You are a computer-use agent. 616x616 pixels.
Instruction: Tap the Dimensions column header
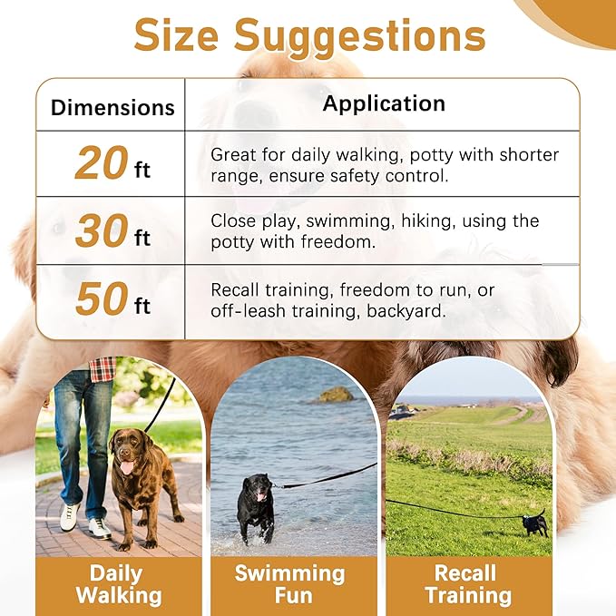pos(112,107)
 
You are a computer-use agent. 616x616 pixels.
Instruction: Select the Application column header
pos(384,103)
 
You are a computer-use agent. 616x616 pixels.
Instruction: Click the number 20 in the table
pos(102,163)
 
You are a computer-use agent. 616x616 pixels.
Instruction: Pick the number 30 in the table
pos(102,232)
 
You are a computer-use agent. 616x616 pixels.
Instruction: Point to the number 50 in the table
pos(102,300)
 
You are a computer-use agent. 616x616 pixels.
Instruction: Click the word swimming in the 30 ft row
pos(341,221)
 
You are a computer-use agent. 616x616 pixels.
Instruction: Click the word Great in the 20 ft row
pos(233,155)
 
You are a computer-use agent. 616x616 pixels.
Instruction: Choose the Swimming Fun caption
pos(289,584)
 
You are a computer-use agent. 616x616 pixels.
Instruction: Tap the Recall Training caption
pos(466,584)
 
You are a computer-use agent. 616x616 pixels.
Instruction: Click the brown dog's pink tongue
pos(125,468)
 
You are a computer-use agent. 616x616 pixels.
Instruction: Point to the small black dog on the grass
pos(535,523)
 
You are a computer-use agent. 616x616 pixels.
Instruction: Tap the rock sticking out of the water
pos(335,395)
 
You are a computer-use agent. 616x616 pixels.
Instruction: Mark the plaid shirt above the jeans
pos(102,368)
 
